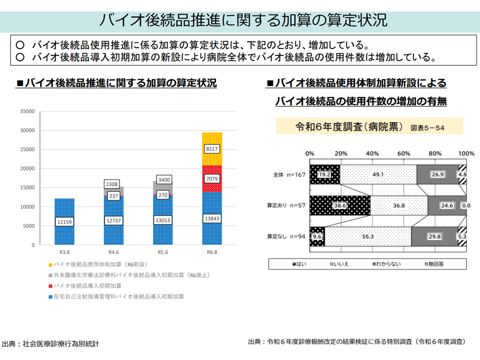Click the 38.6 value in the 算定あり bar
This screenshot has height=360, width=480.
340,205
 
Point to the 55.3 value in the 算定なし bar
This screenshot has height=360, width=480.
367,236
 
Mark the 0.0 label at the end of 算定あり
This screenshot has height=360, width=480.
466,205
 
